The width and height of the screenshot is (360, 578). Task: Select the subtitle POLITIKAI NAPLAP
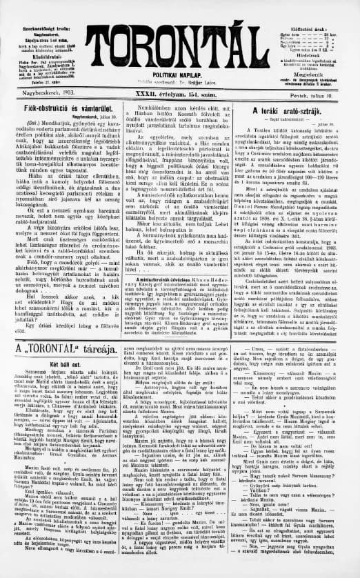pos(181,71)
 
